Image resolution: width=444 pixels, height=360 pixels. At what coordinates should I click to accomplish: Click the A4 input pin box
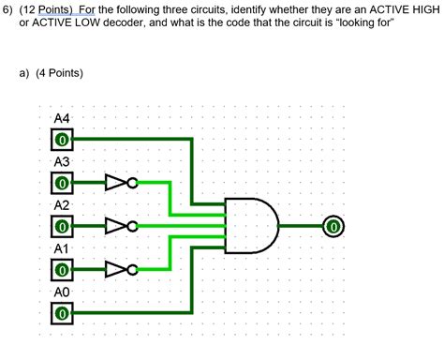coord(62,140)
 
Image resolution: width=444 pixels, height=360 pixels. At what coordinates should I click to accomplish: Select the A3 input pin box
coord(62,183)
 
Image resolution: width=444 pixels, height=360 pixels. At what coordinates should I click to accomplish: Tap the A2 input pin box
coord(62,226)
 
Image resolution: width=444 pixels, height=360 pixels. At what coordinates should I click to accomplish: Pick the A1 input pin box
coord(62,270)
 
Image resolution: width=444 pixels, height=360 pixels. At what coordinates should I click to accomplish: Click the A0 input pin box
coord(62,313)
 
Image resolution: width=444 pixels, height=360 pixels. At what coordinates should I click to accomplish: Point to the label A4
coord(63,119)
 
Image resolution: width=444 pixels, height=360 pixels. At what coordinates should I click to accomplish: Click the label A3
coord(63,162)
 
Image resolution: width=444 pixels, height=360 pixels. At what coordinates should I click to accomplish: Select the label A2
coord(63,205)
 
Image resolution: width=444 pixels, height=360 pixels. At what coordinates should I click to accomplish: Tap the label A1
coord(63,248)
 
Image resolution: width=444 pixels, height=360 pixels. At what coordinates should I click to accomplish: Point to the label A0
coord(63,292)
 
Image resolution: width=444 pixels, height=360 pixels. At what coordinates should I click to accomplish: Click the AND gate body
coord(251,226)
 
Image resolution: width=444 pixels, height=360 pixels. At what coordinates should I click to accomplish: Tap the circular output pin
coord(333,226)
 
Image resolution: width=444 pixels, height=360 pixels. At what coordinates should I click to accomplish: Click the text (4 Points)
coord(59,71)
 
